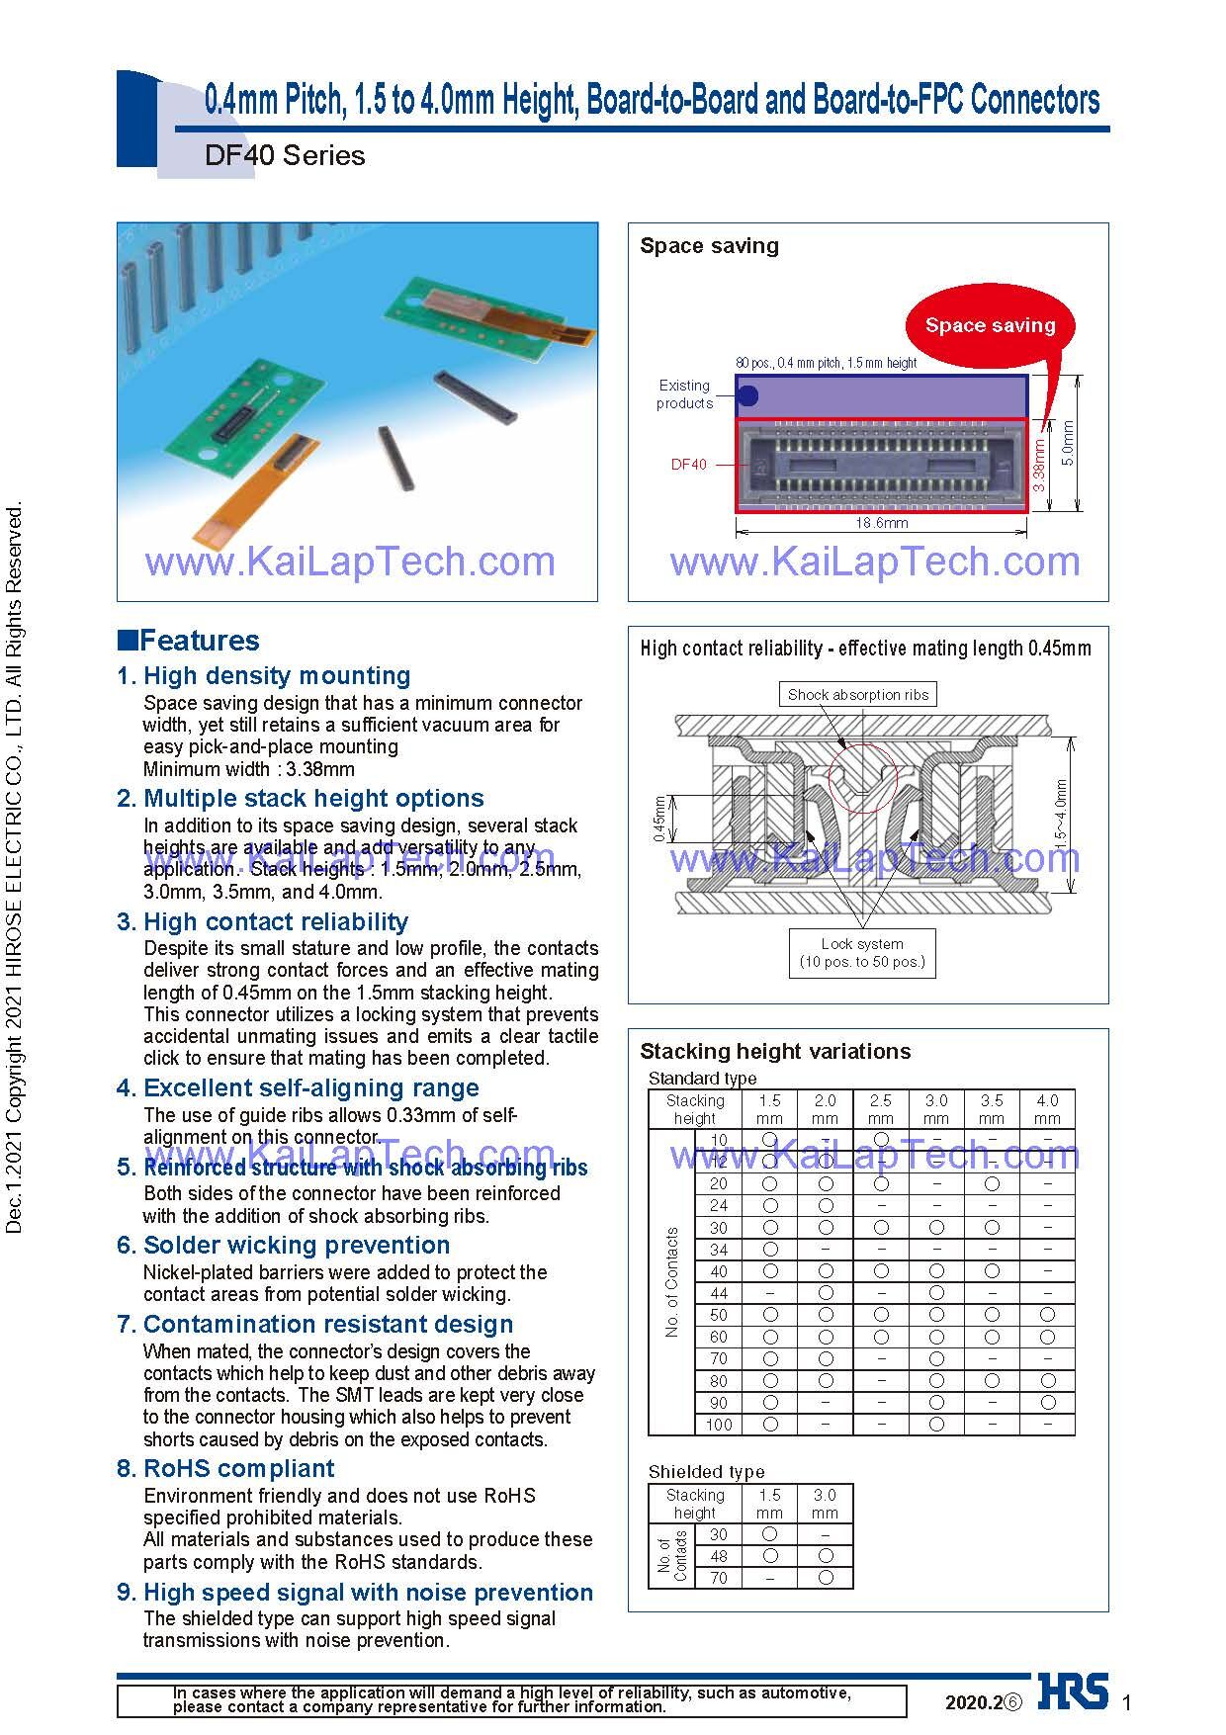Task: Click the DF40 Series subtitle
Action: click(285, 155)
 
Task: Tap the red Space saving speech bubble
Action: click(990, 325)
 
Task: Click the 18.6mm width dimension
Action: click(882, 523)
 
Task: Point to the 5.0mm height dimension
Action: click(1068, 442)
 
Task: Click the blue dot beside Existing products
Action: click(748, 396)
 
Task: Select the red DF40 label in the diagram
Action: click(689, 465)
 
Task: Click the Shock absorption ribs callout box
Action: click(858, 695)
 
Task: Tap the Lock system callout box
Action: click(862, 953)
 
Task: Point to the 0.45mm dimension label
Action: click(658, 819)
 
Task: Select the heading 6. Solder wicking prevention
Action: click(283, 1246)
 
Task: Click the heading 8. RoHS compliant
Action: click(225, 1469)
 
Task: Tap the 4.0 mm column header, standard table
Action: click(1047, 1109)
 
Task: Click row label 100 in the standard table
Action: click(719, 1425)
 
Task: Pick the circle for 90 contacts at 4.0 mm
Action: click(1047, 1402)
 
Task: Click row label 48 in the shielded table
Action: click(719, 1556)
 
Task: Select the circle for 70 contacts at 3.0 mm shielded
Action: click(826, 1578)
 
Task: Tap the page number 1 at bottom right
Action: click(1126, 1701)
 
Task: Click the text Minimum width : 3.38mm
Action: click(249, 769)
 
